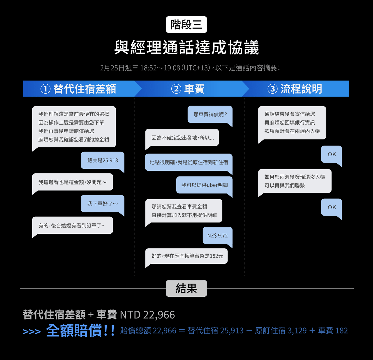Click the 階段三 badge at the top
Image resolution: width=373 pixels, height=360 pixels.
(x=186, y=25)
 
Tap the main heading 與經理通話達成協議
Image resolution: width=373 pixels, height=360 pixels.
(x=186, y=47)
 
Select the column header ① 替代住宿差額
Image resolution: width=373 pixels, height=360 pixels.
(x=78, y=89)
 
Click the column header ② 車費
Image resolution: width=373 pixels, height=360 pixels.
(x=188, y=89)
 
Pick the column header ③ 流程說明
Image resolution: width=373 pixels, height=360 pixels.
(x=295, y=89)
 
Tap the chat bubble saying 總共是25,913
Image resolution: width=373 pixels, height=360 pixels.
(x=103, y=160)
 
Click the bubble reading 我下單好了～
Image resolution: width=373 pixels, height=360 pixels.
(x=103, y=204)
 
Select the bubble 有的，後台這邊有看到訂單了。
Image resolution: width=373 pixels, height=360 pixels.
(x=73, y=226)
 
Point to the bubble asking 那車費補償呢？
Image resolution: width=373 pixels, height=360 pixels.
(x=210, y=115)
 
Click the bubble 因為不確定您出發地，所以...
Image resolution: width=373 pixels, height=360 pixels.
(x=182, y=138)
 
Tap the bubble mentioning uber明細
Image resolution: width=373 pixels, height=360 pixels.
(x=204, y=185)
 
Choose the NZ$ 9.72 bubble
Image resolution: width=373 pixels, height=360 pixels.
(x=218, y=235)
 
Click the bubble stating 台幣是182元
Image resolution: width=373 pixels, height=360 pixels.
(x=186, y=256)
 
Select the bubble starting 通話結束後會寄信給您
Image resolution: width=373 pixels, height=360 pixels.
(x=292, y=123)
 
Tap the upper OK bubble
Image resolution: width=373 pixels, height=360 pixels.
(x=332, y=155)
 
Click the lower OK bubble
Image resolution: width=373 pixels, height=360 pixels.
(x=332, y=207)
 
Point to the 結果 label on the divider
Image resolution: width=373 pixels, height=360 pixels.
(x=186, y=289)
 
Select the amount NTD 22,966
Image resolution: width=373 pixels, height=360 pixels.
(x=147, y=315)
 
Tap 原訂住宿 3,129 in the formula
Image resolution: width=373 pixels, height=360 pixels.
(x=281, y=331)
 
